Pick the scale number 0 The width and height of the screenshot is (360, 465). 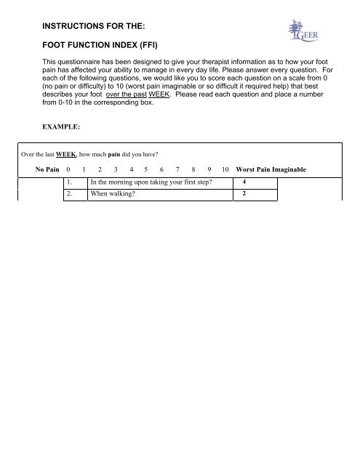pos(68,170)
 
